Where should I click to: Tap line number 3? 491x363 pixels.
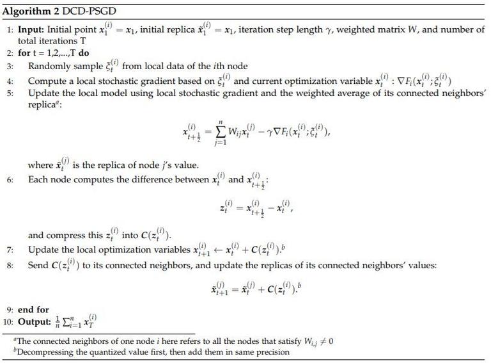pyautogui.click(x=10, y=67)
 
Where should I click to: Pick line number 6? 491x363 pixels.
pyautogui.click(x=10, y=180)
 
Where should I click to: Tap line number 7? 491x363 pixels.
pyautogui.click(x=10, y=250)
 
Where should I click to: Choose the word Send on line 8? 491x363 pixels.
pyautogui.click(x=38, y=265)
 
